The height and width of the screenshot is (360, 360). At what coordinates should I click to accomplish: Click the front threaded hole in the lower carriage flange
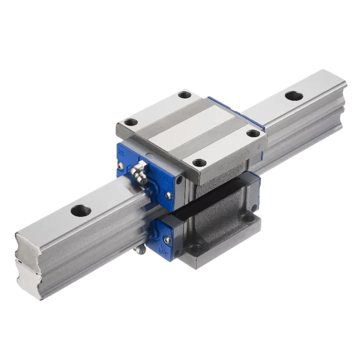[x=195, y=248]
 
